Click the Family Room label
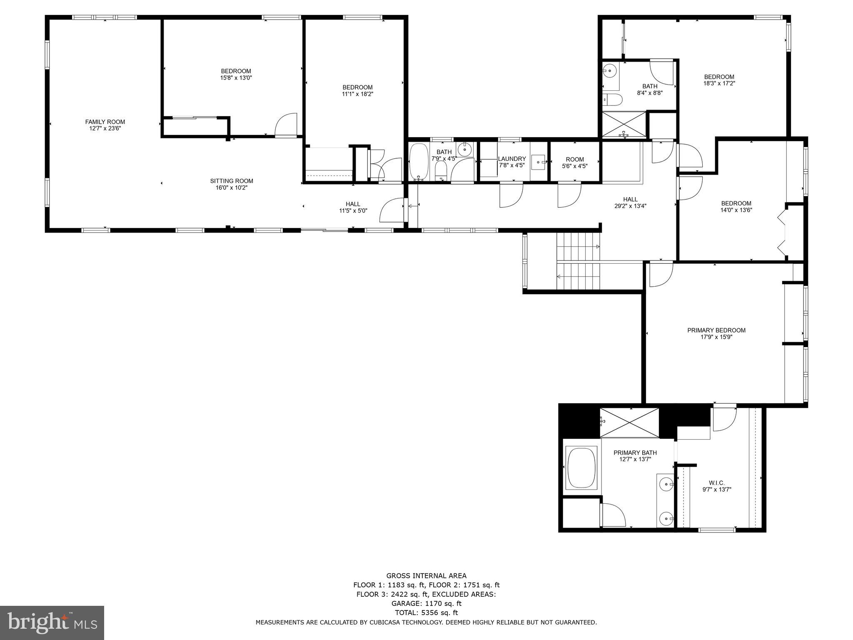pyautogui.click(x=105, y=122)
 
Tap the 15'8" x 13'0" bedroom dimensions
pyautogui.click(x=236, y=78)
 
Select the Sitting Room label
pyautogui.click(x=232, y=181)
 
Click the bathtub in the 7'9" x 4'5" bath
pyautogui.click(x=418, y=161)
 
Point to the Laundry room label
pyautogui.click(x=512, y=159)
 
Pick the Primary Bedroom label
pyautogui.click(x=716, y=330)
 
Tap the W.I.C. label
pyautogui.click(x=716, y=483)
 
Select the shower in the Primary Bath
pyautogui.click(x=629, y=422)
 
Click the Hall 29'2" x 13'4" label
pyautogui.click(x=630, y=200)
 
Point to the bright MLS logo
pyautogui.click(x=52, y=622)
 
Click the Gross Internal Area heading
pyautogui.click(x=426, y=576)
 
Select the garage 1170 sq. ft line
pyautogui.click(x=426, y=603)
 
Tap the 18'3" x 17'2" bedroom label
pyautogui.click(x=719, y=77)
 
